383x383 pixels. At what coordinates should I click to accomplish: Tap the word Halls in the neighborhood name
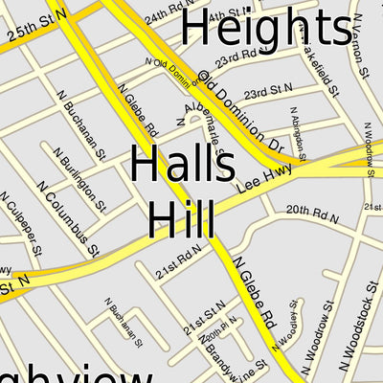coord(183,166)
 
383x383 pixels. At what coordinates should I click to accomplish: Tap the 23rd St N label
coord(267,95)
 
